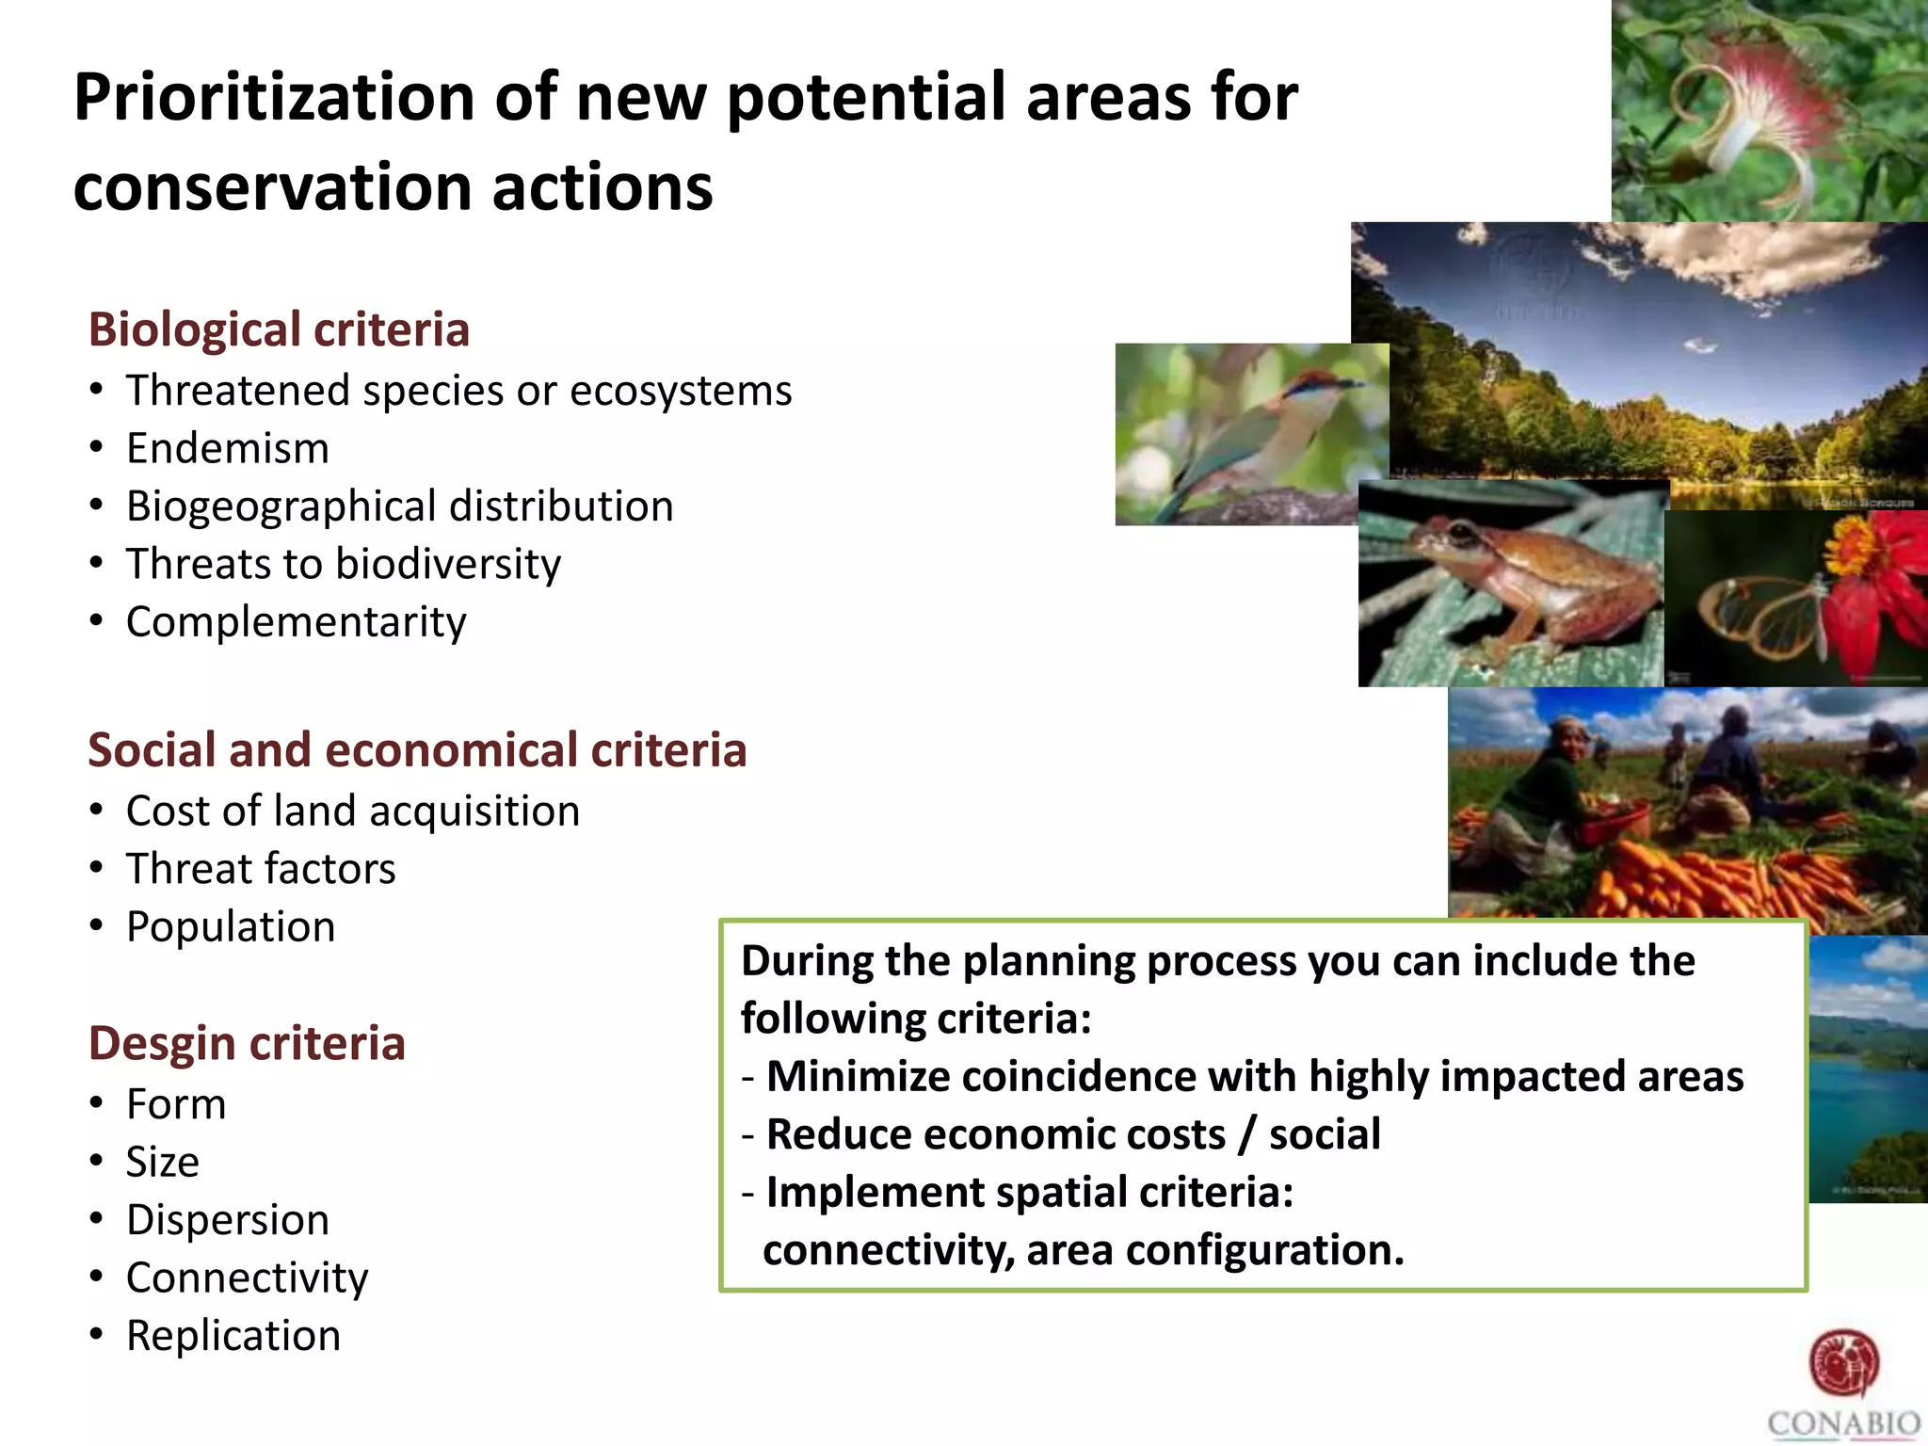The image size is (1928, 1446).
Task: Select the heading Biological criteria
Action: (279, 329)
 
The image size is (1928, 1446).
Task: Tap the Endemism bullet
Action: (228, 448)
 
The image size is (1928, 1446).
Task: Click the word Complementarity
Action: (296, 622)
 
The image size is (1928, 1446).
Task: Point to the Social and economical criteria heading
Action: (417, 750)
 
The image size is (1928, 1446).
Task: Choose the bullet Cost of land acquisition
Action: (353, 811)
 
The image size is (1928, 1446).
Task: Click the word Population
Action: (231, 927)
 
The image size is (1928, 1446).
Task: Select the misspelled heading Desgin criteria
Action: (247, 1043)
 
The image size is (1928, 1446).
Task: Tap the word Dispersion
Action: (228, 1220)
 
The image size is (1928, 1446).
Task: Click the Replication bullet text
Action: (233, 1336)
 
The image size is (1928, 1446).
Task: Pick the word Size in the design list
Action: (163, 1162)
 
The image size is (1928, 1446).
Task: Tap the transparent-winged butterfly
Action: (1760, 612)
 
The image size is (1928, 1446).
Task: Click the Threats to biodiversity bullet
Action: (344, 565)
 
